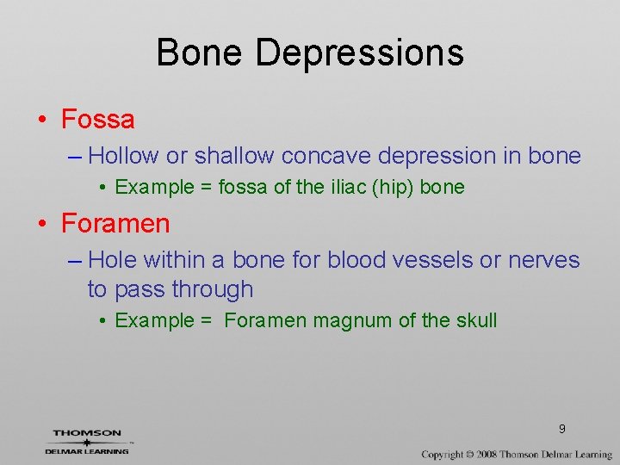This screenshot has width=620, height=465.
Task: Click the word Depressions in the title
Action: (360, 53)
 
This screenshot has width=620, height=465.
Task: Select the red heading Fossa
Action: (98, 119)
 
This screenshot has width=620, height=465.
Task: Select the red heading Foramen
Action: (115, 224)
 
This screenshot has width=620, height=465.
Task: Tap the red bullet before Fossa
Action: (42, 120)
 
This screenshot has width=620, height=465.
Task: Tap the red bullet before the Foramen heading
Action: (42, 225)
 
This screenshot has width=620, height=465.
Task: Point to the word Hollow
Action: (123, 156)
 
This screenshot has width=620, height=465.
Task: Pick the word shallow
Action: (233, 156)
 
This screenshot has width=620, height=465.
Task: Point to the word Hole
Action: (113, 259)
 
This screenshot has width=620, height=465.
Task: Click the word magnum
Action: (353, 321)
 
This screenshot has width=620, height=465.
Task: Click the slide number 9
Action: (561, 429)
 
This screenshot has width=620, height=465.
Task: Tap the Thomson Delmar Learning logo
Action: (87, 441)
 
